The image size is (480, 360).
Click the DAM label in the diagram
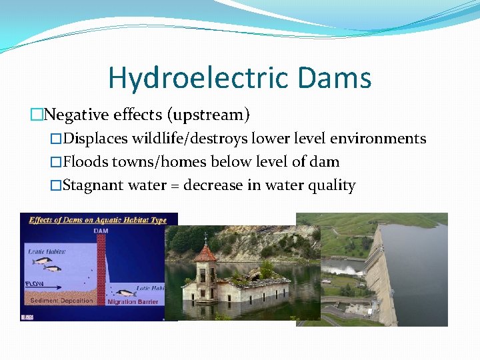(100, 231)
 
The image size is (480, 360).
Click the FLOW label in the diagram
(35, 283)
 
